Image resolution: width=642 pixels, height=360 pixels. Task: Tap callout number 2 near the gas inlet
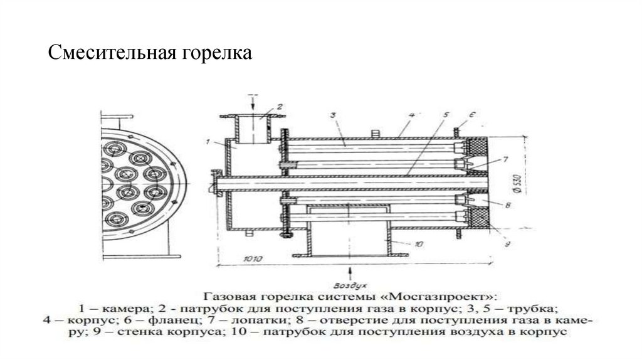280,106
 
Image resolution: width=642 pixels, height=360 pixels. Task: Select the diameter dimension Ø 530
514,182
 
